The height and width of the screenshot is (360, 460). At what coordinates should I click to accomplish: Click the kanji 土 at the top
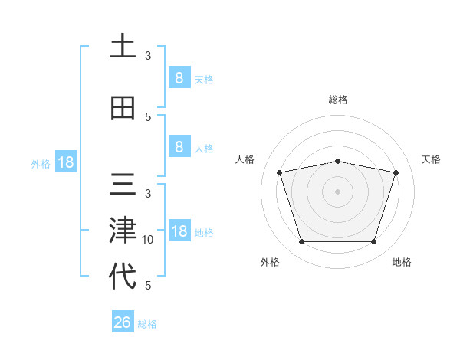click(x=123, y=47)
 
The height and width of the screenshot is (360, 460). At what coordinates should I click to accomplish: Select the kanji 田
click(x=123, y=108)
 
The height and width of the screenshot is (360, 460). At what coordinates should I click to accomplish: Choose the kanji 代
click(x=123, y=275)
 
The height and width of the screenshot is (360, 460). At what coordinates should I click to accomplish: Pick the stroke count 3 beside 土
click(x=148, y=56)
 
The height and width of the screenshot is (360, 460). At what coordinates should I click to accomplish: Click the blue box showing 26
click(x=122, y=322)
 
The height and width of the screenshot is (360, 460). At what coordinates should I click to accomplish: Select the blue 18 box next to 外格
click(x=65, y=162)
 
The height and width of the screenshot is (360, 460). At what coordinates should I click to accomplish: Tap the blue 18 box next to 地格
click(x=179, y=232)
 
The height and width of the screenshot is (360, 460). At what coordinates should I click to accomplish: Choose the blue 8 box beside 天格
click(x=179, y=77)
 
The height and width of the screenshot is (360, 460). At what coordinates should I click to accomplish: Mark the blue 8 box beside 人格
click(x=179, y=147)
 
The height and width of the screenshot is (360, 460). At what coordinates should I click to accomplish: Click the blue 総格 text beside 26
click(x=147, y=324)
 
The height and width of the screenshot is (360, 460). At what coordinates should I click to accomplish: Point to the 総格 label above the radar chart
click(x=338, y=100)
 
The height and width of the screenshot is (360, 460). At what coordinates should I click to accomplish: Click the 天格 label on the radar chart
click(x=431, y=159)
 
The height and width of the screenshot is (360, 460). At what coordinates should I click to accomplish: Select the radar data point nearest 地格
click(x=373, y=242)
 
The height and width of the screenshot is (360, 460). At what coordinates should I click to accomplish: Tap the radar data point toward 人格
click(x=280, y=172)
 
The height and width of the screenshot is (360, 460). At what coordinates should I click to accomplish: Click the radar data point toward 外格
click(x=301, y=242)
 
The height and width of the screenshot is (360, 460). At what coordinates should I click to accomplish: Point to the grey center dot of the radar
click(x=337, y=191)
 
